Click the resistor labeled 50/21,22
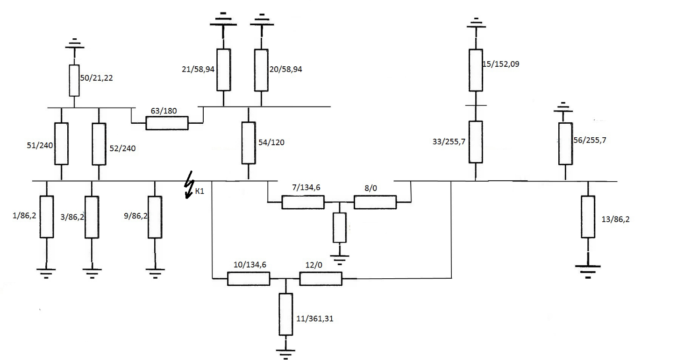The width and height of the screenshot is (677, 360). coord(74,80)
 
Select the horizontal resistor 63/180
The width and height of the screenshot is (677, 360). coord(167,123)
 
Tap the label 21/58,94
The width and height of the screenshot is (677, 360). coord(198,70)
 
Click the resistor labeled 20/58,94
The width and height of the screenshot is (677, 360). coord(261,70)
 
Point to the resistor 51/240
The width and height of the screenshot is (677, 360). coord(61,144)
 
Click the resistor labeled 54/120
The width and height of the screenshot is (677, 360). coord(248,143)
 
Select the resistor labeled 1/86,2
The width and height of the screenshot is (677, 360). coord(47,217)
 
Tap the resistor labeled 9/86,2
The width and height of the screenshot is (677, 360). coord(155,217)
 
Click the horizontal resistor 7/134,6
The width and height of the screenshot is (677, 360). coord(303,202)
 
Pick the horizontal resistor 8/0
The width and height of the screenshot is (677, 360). coord(375,202)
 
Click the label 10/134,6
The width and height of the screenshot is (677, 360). coord(249,265)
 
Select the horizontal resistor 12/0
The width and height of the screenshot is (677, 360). coord(321,279)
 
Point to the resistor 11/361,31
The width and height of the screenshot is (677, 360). coord(286,314)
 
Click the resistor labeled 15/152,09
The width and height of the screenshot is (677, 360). coord(476,70)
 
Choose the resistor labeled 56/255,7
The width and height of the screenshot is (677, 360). coord(565,144)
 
